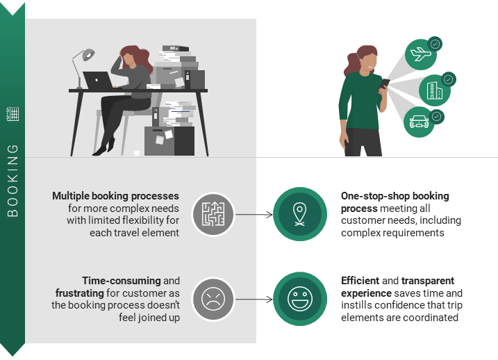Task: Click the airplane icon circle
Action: (x=421, y=55)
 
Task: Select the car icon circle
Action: (x=420, y=122)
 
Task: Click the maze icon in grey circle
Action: (x=213, y=213)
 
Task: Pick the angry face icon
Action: (x=213, y=300)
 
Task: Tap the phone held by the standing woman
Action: (x=385, y=85)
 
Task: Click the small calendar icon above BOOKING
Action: (x=13, y=115)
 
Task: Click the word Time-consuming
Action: (x=122, y=281)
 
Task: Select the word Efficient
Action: (x=360, y=281)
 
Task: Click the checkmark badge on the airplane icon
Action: (x=435, y=43)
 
